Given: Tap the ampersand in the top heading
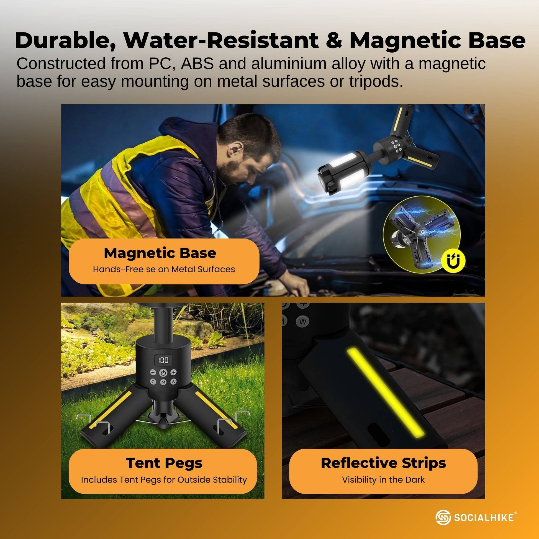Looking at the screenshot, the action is (x=333, y=41).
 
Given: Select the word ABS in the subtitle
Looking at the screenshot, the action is (x=197, y=64).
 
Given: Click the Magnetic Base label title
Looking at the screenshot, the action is (x=160, y=253).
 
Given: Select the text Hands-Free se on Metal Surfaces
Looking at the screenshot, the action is (x=164, y=269).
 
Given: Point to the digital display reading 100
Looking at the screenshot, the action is (x=163, y=360).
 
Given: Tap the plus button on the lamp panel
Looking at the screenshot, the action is (x=174, y=372).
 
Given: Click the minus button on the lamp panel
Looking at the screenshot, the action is (x=153, y=372).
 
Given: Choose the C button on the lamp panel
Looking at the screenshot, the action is (x=153, y=382).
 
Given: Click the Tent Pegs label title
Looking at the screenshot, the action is (x=164, y=463).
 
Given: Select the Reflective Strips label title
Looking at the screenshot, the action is (x=383, y=463).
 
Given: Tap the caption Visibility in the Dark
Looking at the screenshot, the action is (x=383, y=479).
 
